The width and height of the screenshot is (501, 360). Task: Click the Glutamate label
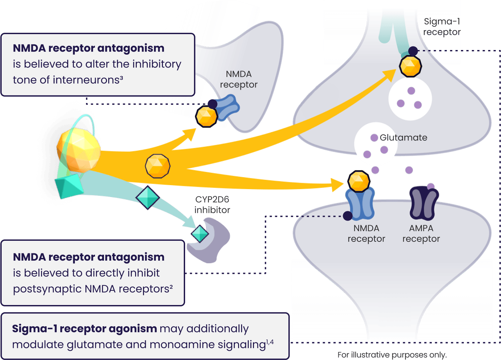pos(403,138)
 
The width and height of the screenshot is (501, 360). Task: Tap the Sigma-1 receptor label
pos(441,27)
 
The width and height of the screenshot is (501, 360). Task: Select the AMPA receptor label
pos(421,233)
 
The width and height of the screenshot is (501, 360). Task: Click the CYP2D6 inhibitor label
pos(212,205)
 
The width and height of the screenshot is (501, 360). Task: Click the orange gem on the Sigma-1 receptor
pos(410,66)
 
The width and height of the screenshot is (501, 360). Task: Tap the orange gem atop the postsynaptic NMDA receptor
pos(359,181)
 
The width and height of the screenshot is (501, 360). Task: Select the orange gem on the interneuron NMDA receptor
pos(206,117)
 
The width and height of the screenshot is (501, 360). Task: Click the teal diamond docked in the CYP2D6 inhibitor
pos(200,233)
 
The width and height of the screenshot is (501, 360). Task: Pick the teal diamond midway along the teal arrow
pos(148,197)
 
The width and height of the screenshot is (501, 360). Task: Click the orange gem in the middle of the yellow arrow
pos(158,166)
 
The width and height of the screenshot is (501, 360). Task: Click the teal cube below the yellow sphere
pos(69,186)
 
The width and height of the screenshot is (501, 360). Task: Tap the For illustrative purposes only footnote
pos(392,355)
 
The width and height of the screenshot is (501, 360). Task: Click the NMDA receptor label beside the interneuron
pos(239,79)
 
